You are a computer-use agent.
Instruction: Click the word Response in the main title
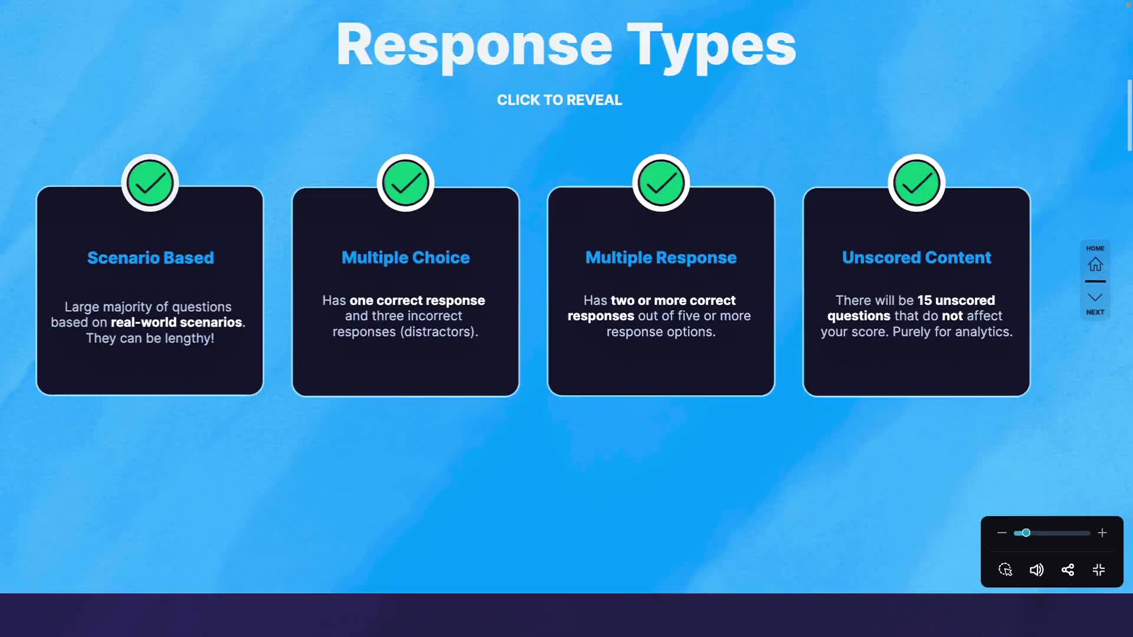[474, 46]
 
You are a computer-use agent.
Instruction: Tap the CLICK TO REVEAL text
[559, 100]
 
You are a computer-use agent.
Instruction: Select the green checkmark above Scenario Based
[150, 183]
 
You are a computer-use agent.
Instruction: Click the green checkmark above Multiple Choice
[405, 183]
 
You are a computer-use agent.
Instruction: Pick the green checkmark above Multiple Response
[661, 183]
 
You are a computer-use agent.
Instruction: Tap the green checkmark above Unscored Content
[916, 183]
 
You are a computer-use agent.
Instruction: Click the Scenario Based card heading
[150, 258]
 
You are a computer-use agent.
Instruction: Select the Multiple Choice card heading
[405, 258]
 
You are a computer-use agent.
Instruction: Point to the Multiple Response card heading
[661, 258]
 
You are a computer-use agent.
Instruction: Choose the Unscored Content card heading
[916, 258]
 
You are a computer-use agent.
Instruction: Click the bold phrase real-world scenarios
[176, 323]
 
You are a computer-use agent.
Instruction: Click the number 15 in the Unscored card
[924, 301]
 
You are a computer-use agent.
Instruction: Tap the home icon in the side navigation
[1095, 264]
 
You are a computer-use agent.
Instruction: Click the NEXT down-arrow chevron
[1095, 297]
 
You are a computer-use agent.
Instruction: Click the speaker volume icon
[1036, 570]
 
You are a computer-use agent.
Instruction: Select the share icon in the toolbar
[1067, 570]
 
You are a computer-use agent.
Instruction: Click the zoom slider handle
[1026, 533]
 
